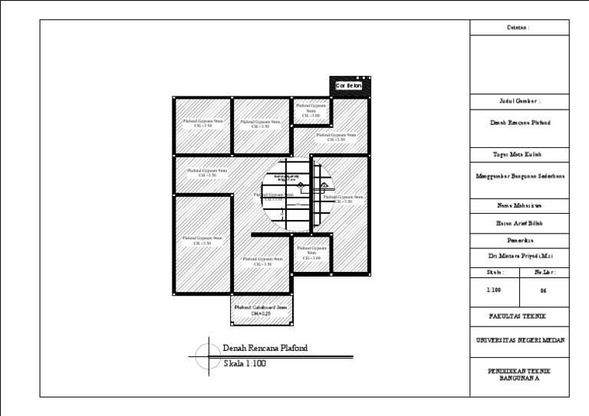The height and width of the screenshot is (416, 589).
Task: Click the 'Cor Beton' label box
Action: pyautogui.click(x=348, y=86)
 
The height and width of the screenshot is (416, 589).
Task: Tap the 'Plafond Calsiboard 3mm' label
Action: pyautogui.click(x=261, y=310)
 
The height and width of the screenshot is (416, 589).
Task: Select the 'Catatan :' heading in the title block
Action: pyautogui.click(x=519, y=28)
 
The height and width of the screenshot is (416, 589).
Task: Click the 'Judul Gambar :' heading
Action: pyautogui.click(x=519, y=101)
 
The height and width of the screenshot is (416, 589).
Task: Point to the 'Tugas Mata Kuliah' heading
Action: pyautogui.click(x=519, y=155)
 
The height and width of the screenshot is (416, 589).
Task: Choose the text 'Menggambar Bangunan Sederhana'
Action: pyautogui.click(x=519, y=175)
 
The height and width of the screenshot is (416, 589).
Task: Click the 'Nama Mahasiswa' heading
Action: pyautogui.click(x=519, y=206)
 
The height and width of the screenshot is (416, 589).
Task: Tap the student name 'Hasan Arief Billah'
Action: pyautogui.click(x=519, y=224)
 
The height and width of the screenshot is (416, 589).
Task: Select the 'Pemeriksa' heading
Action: pyautogui.click(x=519, y=240)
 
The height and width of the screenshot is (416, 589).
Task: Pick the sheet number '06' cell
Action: pyautogui.click(x=544, y=291)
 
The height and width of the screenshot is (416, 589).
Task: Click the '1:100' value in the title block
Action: pyautogui.click(x=494, y=291)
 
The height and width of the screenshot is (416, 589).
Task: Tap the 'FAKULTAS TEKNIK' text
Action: pyautogui.click(x=519, y=316)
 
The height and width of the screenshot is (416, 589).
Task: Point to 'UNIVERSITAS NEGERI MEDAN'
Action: pyautogui.click(x=519, y=340)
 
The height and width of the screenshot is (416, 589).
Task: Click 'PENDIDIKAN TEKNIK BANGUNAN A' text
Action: pyautogui.click(x=519, y=373)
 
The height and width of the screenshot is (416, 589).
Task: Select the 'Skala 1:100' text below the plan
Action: pyautogui.click(x=245, y=364)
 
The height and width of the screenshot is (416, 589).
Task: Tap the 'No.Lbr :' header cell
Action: pyautogui.click(x=544, y=273)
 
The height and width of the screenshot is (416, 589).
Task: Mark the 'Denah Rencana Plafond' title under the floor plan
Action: pyautogui.click(x=265, y=348)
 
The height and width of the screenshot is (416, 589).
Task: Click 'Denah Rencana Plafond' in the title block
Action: pyautogui.click(x=519, y=123)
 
